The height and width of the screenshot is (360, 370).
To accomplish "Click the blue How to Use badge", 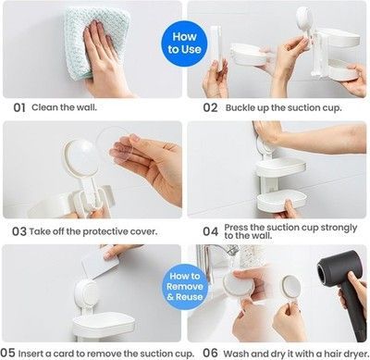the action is (x=184, y=43).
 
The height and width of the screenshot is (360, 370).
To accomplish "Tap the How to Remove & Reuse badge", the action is (x=185, y=287).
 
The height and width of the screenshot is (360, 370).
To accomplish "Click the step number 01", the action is (x=19, y=108).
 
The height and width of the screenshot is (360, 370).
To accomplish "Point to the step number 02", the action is (x=210, y=108).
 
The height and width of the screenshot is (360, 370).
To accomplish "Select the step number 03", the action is (x=19, y=231).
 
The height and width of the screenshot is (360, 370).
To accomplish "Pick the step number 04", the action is (x=211, y=231).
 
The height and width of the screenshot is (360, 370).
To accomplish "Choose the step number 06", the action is (x=210, y=354).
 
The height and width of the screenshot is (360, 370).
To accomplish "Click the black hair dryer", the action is (x=342, y=289).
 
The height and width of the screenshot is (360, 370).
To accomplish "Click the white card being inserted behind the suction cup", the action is (x=100, y=263).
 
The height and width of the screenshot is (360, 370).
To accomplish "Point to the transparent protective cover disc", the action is (x=115, y=144).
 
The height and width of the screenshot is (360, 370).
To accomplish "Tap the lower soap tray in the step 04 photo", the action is (x=281, y=201).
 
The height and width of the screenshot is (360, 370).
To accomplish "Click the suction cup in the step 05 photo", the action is (x=86, y=292).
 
